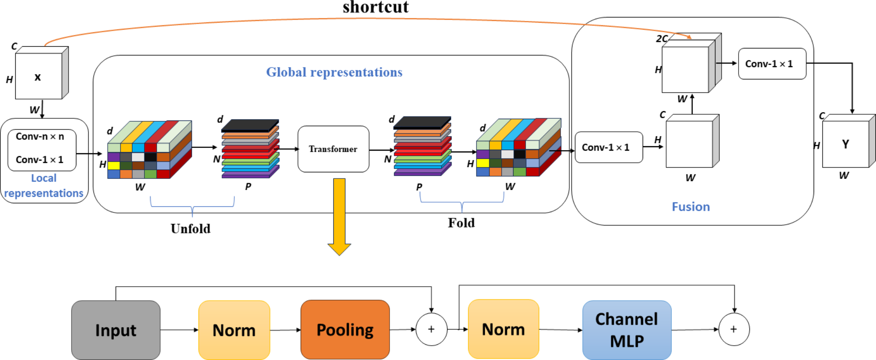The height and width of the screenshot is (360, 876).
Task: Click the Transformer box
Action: coord(333,149)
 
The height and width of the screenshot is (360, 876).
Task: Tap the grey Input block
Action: coord(116,330)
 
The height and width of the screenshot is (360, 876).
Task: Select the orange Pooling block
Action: coord(345,329)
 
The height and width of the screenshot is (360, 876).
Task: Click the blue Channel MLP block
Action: coord(626,330)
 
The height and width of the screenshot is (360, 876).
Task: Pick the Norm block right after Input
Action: coord(234,330)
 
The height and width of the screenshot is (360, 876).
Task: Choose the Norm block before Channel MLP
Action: coord(503,329)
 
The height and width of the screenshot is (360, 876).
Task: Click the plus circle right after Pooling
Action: coord(431,329)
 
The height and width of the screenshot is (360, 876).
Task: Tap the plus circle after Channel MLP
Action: coord(734,329)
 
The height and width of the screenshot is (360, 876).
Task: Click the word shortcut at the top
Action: coord(376,7)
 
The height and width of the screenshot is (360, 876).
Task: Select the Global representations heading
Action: coord(334,72)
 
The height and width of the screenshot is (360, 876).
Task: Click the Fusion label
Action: coord(691,206)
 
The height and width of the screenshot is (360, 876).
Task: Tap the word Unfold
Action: coord(191,229)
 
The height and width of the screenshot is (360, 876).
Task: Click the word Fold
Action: coord(461,223)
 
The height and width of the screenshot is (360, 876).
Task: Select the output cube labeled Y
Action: coord(845,144)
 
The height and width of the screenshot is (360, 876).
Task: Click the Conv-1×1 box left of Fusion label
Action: coord(609,147)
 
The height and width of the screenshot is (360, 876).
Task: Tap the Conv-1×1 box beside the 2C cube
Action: coord(772,64)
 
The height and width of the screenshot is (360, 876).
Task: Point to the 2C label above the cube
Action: coord(662,39)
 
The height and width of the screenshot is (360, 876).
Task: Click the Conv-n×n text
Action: coord(40,137)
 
